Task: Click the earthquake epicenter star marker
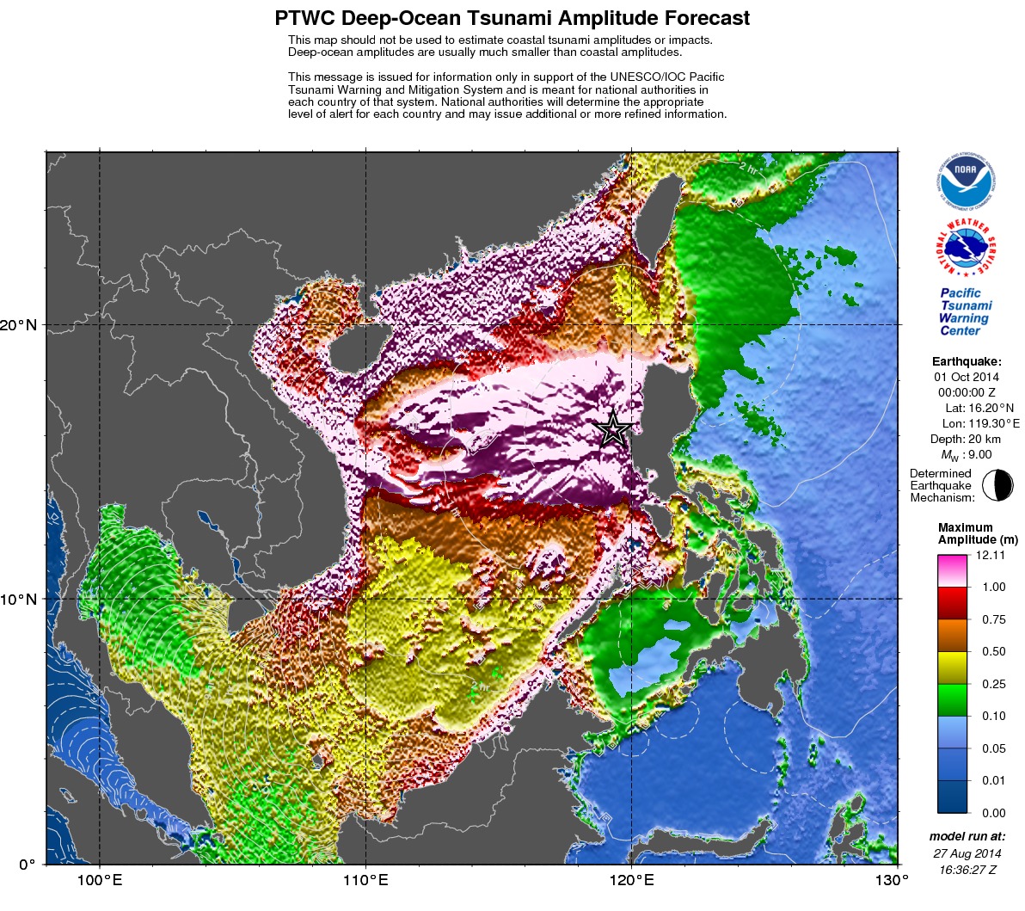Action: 613,428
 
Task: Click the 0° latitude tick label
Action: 28,865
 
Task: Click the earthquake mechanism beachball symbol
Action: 997,485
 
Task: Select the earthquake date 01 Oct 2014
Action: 967,377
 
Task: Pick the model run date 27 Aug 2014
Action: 967,853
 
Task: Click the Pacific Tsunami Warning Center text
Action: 966,311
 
